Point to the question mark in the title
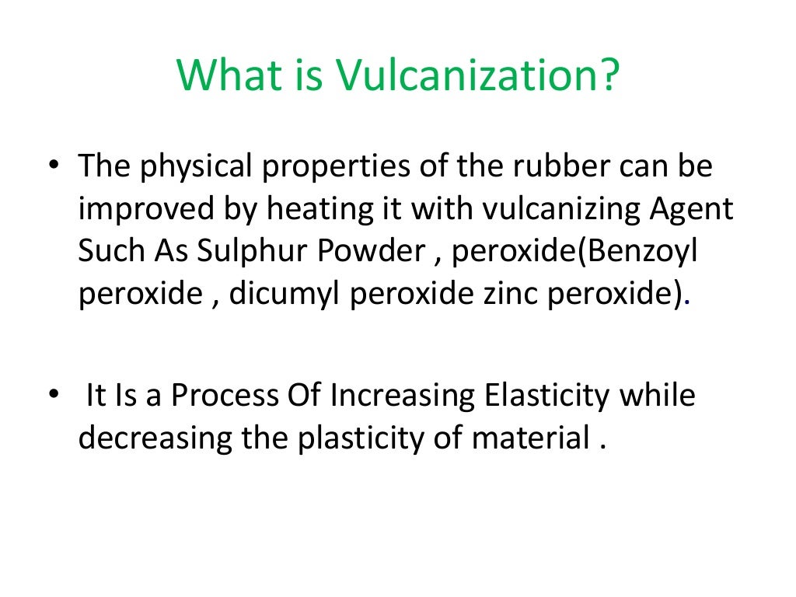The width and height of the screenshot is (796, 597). [608, 75]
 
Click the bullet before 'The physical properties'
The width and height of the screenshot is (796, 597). [54, 168]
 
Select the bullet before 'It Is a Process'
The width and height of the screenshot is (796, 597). [54, 396]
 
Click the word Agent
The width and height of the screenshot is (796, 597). [695, 210]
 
